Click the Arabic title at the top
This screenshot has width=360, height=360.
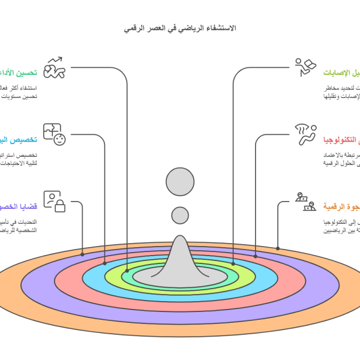coord(180,28)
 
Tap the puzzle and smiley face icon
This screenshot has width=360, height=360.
coord(53,134)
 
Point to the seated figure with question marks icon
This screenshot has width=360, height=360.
coord(305,134)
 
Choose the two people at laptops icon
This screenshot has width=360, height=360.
coord(305,202)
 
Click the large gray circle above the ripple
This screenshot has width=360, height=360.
coord(180,182)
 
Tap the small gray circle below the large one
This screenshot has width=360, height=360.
coord(180,215)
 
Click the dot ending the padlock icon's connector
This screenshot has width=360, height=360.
coord(82,254)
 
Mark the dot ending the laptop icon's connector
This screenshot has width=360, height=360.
coord(278,248)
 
